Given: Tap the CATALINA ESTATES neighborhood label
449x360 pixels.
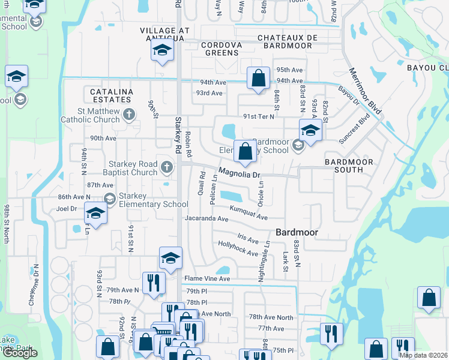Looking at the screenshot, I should coord(110,96).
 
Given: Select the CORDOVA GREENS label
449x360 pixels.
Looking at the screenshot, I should coord(221,49).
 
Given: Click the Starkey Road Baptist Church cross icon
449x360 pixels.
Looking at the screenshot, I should coord(166,166).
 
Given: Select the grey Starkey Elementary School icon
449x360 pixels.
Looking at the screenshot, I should coord(109,199).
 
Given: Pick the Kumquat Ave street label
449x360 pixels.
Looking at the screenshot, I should coord(249,212).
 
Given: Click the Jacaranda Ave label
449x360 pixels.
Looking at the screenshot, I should coord(206,220).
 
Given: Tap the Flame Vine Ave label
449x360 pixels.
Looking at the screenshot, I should coord(207,278).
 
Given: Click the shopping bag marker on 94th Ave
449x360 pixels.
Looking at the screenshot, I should coord(258,79).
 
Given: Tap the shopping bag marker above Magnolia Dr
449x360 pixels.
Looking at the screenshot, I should coord(245,152).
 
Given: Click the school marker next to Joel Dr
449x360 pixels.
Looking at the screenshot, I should coord(95,212).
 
